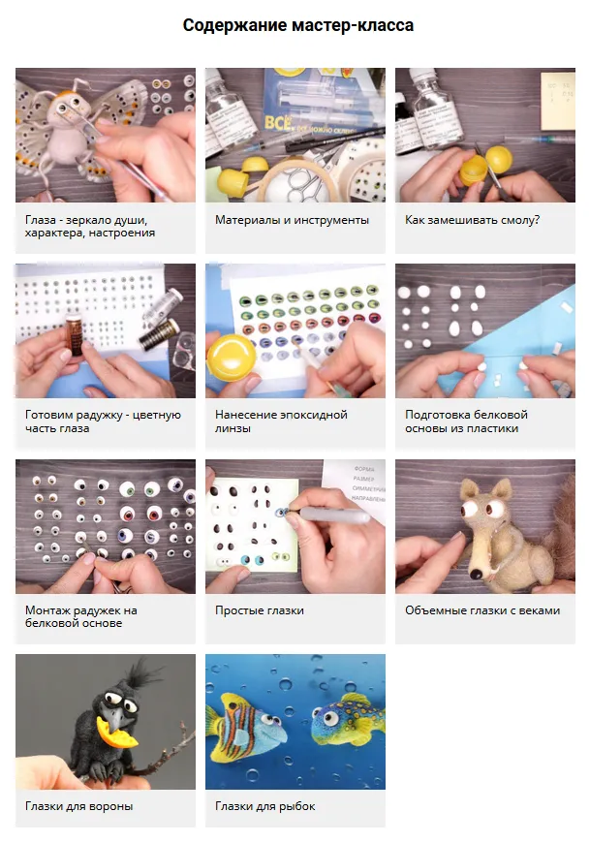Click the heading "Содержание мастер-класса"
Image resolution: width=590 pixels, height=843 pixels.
point(297,25)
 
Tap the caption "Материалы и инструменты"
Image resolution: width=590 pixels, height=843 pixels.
point(292,220)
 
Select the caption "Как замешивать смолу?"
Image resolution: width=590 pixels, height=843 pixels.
point(473,220)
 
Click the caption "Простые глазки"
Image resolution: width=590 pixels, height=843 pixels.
point(260,610)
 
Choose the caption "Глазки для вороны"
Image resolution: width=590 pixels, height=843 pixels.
point(79,806)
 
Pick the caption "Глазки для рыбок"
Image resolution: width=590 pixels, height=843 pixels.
point(265,806)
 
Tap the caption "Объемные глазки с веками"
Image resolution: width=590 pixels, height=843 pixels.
point(482,610)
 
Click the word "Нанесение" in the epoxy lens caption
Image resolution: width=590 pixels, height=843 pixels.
point(244,415)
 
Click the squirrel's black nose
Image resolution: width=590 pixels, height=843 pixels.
point(476,575)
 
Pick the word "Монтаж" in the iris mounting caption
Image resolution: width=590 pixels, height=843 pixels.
point(47,610)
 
